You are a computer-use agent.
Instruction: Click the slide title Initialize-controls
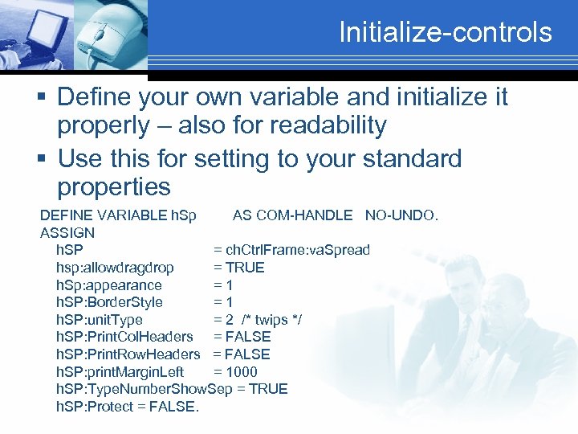446,32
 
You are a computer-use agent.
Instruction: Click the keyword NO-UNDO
401,215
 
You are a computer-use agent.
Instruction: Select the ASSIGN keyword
67,233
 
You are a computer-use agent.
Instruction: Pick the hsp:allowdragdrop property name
115,268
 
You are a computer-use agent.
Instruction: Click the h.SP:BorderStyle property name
109,302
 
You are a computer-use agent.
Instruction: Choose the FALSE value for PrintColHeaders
248,337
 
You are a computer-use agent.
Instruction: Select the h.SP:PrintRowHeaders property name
128,354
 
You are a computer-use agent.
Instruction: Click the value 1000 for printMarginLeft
242,371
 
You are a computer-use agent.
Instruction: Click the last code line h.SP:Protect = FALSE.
128,407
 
